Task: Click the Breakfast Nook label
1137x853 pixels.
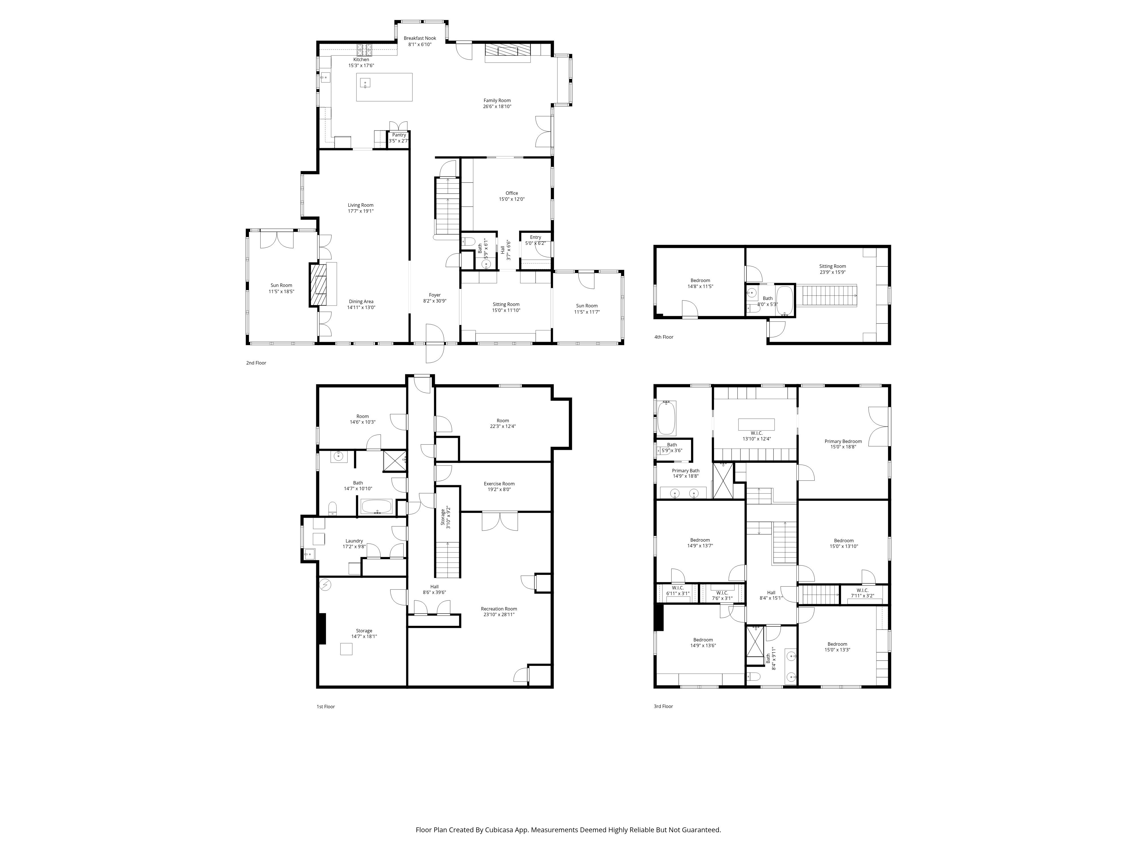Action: tap(420, 38)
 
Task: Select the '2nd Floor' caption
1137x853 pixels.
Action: tap(256, 363)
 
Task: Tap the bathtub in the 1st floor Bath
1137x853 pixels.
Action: tap(376, 507)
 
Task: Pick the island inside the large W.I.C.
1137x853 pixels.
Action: tap(756, 424)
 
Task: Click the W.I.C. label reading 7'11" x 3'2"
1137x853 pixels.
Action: tap(862, 590)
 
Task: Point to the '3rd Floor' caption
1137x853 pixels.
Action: tap(663, 707)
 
